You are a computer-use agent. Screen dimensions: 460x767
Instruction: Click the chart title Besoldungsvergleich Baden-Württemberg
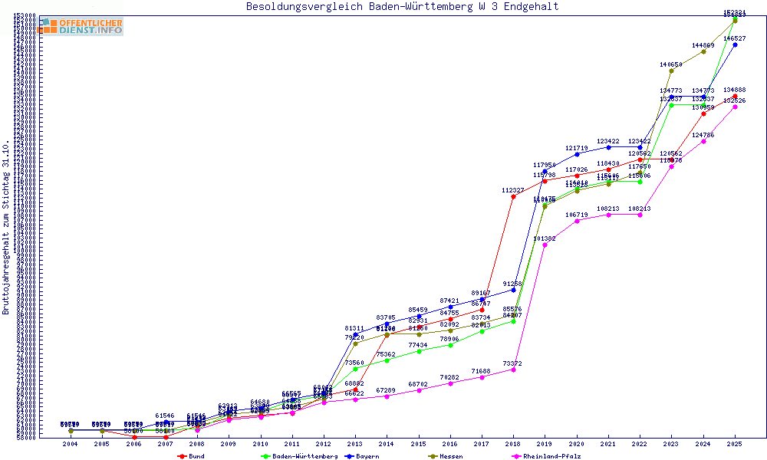[x=402, y=7]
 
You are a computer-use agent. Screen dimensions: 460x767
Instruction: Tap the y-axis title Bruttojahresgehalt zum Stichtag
[x=6, y=228]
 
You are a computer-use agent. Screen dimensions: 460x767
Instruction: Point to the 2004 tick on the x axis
[x=71, y=444]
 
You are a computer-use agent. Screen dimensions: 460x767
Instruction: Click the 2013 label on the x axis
[x=355, y=444]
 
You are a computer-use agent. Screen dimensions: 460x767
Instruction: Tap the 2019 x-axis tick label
[x=545, y=444]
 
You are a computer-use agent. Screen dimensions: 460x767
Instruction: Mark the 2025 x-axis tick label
[x=735, y=444]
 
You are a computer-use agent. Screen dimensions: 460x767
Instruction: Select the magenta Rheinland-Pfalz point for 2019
[x=545, y=245]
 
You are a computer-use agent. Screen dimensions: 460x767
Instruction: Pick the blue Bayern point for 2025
[x=735, y=44]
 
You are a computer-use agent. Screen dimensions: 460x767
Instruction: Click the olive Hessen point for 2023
[x=671, y=71]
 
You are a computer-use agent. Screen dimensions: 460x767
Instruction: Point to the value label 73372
[x=513, y=363]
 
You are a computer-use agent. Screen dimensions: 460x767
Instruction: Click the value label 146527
[x=735, y=38]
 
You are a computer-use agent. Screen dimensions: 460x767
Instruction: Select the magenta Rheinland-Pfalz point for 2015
[x=418, y=390]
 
